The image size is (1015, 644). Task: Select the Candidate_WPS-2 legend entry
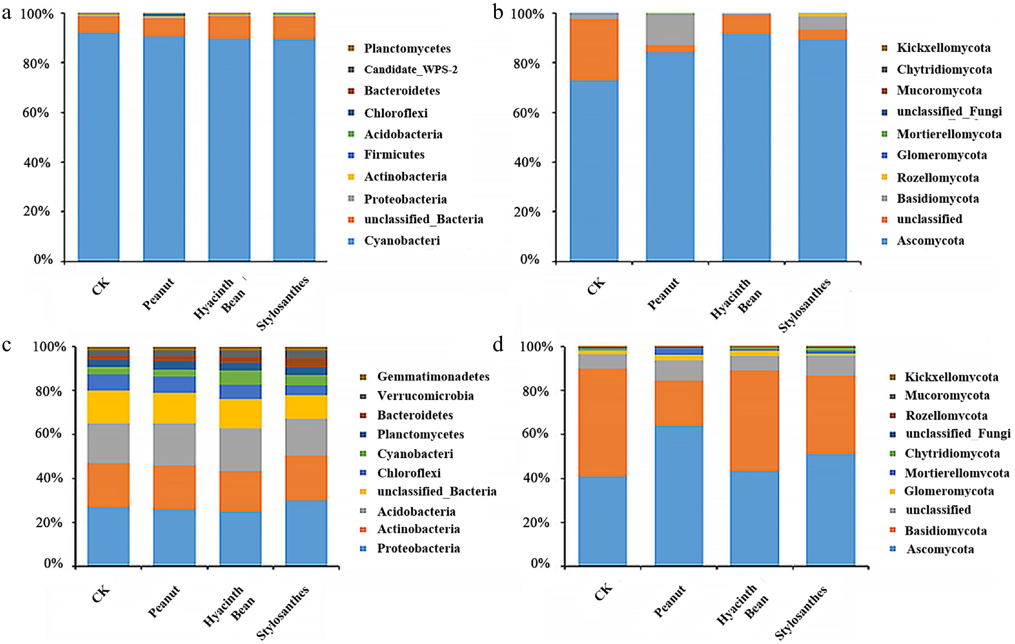click(x=410, y=70)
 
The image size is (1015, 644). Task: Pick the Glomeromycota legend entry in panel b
click(x=941, y=155)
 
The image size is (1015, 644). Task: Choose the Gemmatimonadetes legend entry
click(x=433, y=376)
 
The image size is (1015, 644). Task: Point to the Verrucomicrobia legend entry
click(x=425, y=396)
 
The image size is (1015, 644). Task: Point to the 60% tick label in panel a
click(x=36, y=113)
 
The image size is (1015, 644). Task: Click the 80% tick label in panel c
click(x=49, y=391)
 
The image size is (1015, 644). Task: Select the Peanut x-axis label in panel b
click(x=663, y=294)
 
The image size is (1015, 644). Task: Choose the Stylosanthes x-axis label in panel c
click(x=282, y=613)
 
